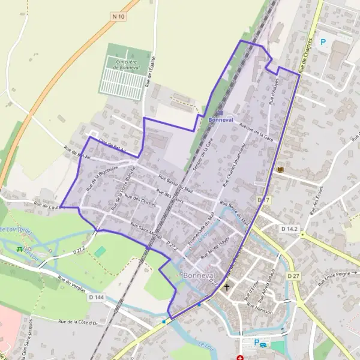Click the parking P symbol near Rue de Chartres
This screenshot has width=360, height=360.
[323, 42]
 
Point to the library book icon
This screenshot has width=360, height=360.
[280, 171]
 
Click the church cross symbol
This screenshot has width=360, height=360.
[227, 287]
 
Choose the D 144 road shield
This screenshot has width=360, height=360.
[95, 297]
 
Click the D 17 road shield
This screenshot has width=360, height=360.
[264, 200]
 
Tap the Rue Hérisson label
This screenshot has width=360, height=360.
[259, 311]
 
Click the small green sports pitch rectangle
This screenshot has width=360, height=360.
[100, 252]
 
